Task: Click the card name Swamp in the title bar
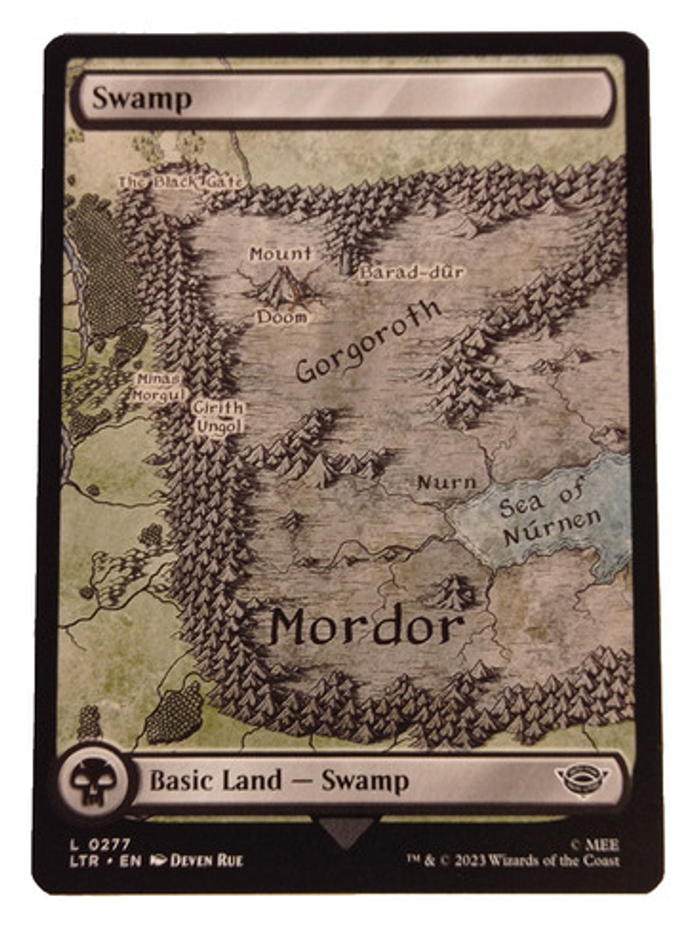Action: (142, 98)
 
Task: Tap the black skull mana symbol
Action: (92, 782)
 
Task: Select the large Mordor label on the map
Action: (367, 628)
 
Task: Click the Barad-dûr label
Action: (412, 272)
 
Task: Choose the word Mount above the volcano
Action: (281, 254)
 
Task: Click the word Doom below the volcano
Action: (281, 317)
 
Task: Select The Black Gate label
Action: (181, 182)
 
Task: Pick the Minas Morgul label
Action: (158, 387)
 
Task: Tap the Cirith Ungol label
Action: (219, 417)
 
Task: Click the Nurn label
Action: (446, 482)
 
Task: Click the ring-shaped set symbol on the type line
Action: (583, 780)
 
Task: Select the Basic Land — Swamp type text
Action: (279, 781)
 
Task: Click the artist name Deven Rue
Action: (207, 860)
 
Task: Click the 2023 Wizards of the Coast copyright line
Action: (513, 860)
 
